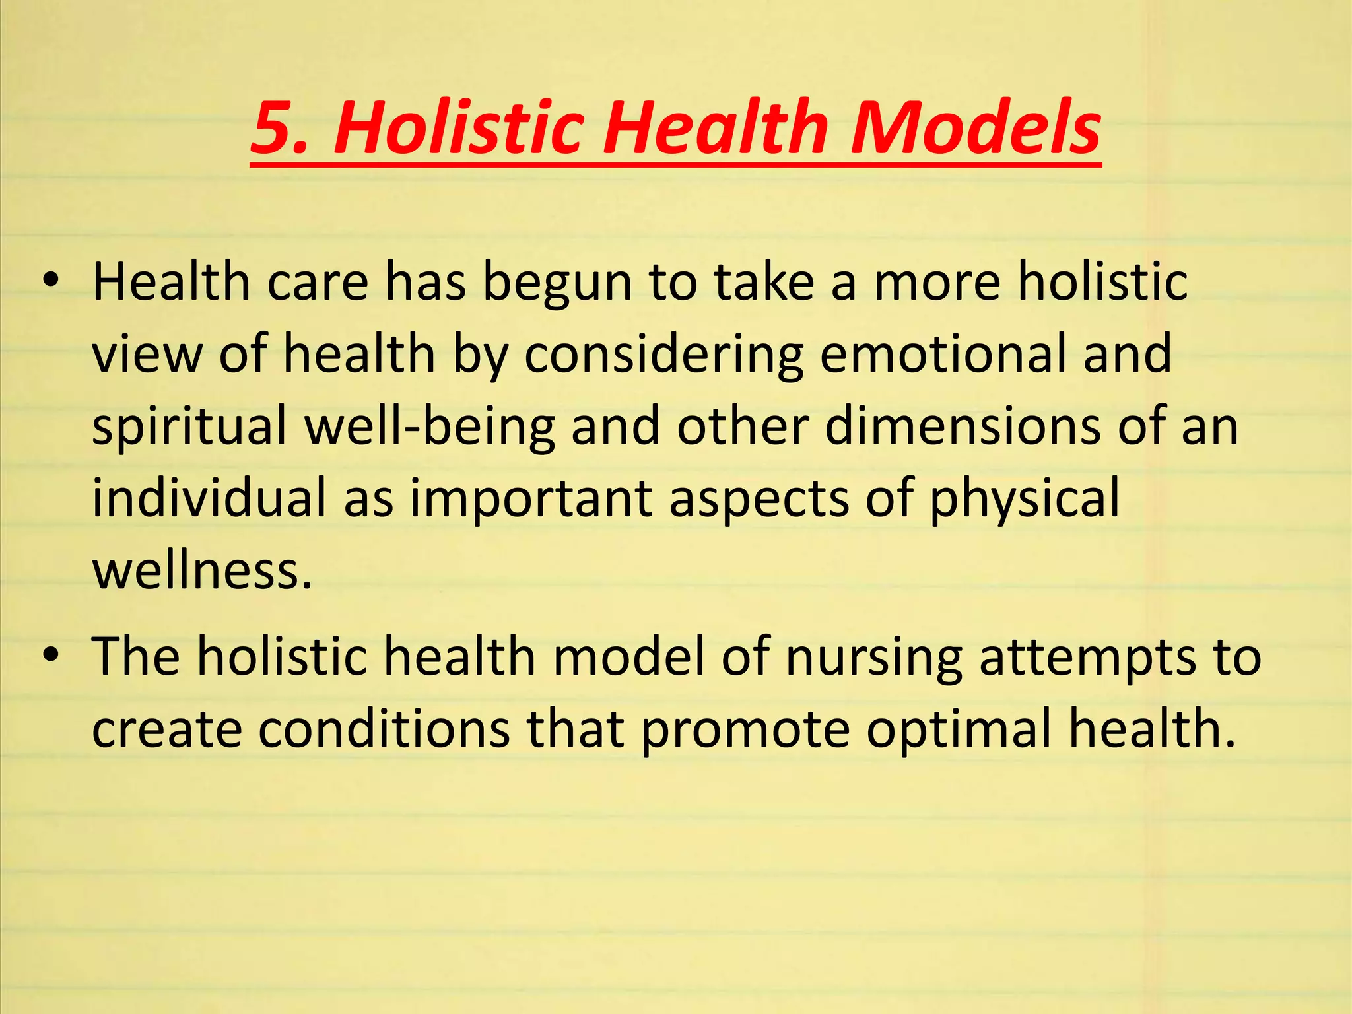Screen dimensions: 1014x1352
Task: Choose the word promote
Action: click(x=745, y=730)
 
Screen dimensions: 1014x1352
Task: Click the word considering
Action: click(x=663, y=355)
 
